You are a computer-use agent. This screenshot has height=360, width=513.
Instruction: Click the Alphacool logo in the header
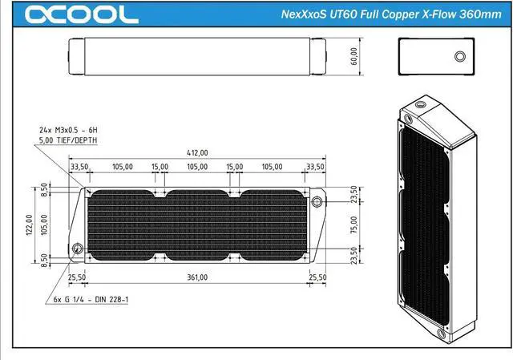click(82, 14)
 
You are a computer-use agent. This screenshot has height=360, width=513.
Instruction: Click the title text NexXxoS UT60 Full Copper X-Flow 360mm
click(391, 14)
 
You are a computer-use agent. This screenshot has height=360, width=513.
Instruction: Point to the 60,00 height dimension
click(354, 56)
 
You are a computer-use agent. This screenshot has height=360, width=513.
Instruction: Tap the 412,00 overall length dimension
click(197, 153)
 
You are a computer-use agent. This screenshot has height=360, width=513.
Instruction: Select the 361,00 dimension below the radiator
click(197, 277)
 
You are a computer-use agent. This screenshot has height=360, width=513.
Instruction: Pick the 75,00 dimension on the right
click(354, 224)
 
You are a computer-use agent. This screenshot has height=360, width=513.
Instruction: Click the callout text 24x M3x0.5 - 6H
click(68, 130)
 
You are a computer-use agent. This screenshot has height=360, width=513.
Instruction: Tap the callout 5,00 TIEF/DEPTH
click(68, 140)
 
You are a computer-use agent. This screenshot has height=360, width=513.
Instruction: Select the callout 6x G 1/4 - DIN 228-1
click(91, 299)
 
